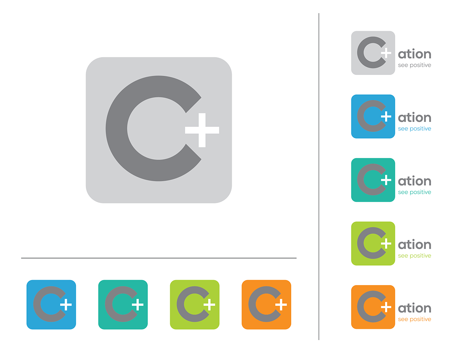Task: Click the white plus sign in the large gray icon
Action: pos(202,130)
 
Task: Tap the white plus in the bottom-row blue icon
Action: pos(66,304)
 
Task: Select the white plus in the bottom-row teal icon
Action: pos(137,304)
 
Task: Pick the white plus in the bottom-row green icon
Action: pos(209,304)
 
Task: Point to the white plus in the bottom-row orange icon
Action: pos(281,304)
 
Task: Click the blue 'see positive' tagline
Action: pos(414,129)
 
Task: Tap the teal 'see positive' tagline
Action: pos(414,192)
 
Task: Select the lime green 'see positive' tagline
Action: pos(414,256)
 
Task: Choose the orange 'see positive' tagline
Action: pos(414,319)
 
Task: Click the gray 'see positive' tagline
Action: pos(414,65)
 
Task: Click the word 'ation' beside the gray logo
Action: pos(414,54)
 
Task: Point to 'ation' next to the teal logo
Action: pos(414,181)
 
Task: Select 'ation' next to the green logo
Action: pos(414,244)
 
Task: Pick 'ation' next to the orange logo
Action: pos(414,308)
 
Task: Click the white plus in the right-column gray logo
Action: pos(386,53)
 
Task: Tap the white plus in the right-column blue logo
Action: pos(386,117)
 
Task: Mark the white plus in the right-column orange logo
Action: pos(386,307)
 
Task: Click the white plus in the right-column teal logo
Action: pos(386,180)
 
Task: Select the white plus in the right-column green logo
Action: pos(386,243)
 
